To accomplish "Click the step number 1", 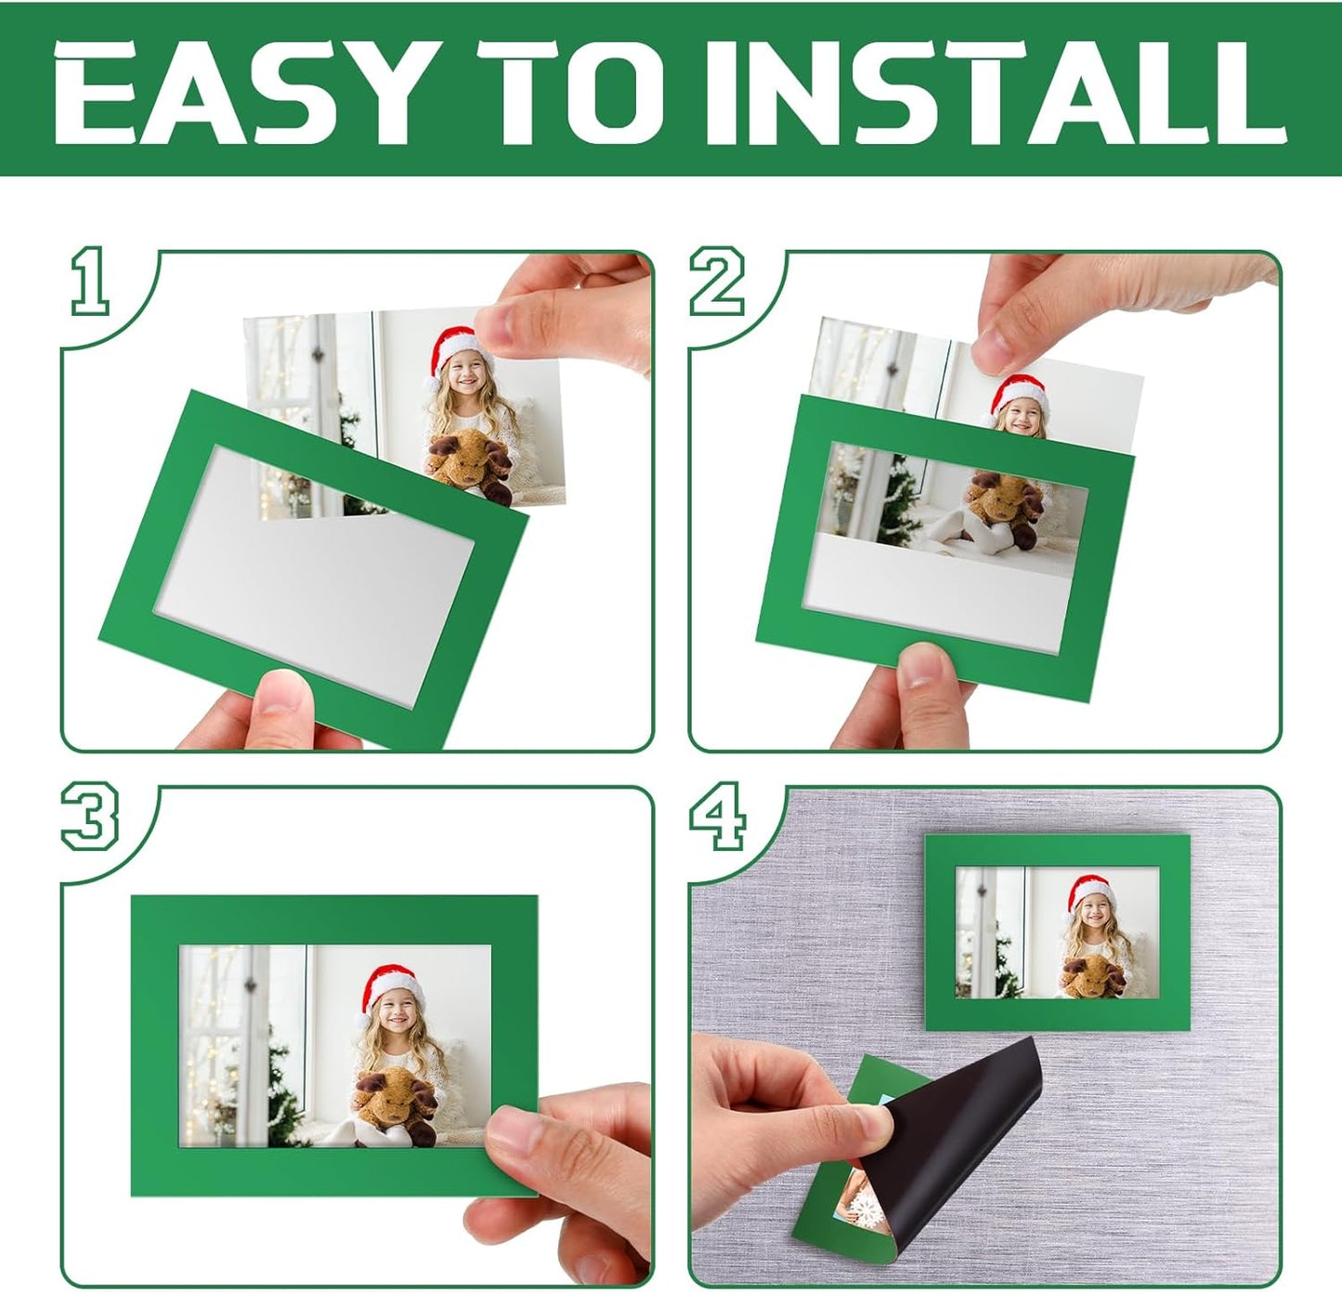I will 90,281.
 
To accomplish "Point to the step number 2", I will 716,281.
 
